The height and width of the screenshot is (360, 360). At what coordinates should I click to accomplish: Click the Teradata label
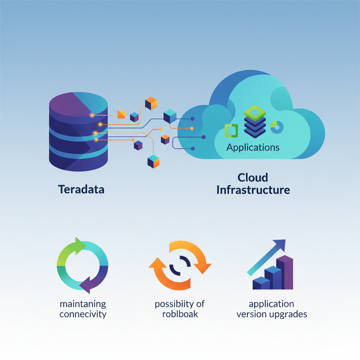click(x=81, y=189)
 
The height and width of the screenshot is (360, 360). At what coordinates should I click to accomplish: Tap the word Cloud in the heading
click(x=253, y=177)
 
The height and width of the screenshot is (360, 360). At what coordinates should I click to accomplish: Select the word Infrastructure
click(x=253, y=190)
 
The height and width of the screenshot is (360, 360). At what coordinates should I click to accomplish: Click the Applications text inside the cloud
click(x=253, y=147)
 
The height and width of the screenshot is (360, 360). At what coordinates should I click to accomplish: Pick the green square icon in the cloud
click(x=231, y=130)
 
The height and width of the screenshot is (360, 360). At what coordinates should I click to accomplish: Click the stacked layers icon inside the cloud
click(x=255, y=121)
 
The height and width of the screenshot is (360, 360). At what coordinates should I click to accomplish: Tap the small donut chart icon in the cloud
click(x=277, y=127)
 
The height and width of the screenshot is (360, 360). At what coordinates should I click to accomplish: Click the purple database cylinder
click(x=78, y=132)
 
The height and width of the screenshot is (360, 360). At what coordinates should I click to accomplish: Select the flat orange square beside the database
click(x=121, y=114)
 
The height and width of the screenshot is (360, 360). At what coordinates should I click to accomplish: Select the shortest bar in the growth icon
click(x=261, y=283)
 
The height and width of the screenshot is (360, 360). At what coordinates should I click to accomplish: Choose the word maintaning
click(x=83, y=303)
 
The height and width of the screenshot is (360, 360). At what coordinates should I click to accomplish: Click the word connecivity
click(x=83, y=314)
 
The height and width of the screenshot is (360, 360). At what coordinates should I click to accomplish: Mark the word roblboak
click(x=180, y=314)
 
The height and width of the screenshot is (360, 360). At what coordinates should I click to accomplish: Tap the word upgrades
click(x=289, y=314)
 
